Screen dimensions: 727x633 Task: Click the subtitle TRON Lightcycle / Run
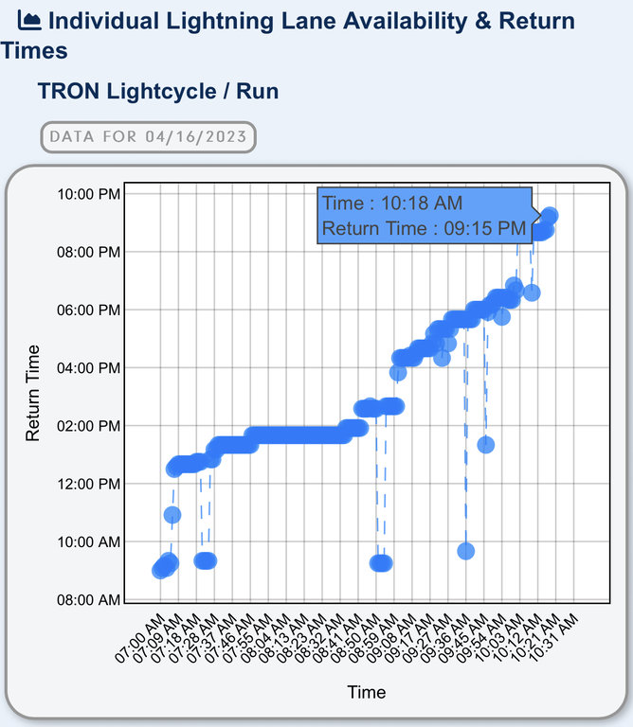pyautogui.click(x=157, y=91)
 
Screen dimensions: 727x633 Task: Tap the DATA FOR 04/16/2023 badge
pyautogui.click(x=148, y=136)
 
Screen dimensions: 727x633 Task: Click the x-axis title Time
pyautogui.click(x=366, y=692)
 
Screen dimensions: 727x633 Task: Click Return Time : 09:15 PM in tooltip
pyautogui.click(x=423, y=227)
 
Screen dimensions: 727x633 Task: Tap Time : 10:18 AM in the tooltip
pyautogui.click(x=391, y=203)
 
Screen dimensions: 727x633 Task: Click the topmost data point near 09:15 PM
pyautogui.click(x=549, y=216)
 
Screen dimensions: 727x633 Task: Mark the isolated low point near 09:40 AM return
pyautogui.click(x=465, y=551)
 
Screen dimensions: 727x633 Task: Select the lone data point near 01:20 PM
pyautogui.click(x=486, y=444)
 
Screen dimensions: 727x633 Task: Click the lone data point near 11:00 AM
pyautogui.click(x=172, y=515)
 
